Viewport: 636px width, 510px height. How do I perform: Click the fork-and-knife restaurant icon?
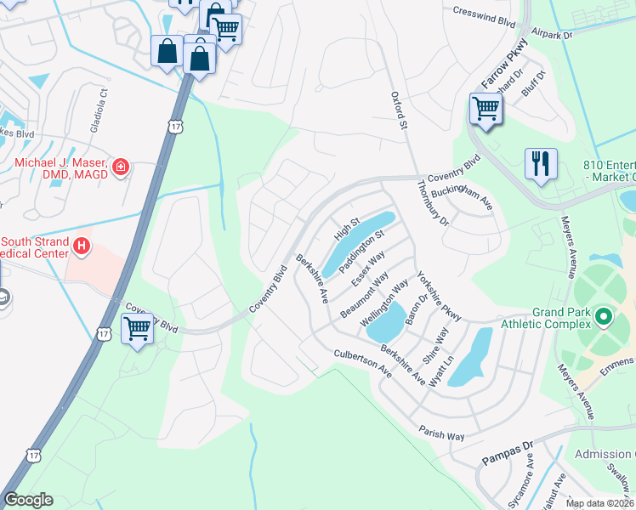(x=541, y=164)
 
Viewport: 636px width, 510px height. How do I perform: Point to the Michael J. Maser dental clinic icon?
(x=122, y=167)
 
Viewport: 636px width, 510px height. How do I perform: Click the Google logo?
(x=28, y=499)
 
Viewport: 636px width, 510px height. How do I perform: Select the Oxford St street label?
(x=395, y=111)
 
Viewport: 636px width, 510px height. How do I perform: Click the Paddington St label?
(x=362, y=251)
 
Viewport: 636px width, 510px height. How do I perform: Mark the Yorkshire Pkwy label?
(x=438, y=297)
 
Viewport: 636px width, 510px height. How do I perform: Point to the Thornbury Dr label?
(x=432, y=201)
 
